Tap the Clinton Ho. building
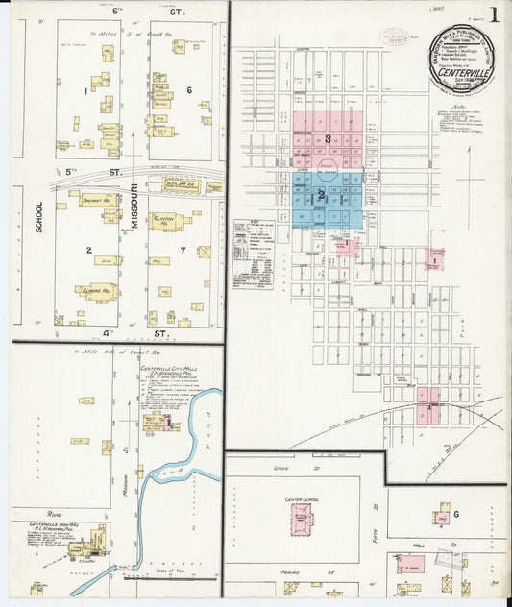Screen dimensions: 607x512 click(169, 221)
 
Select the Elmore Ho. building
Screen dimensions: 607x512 click(100, 288)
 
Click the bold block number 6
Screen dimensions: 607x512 click(190, 90)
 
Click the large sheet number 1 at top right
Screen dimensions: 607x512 click(494, 16)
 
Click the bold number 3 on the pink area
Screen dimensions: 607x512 click(328, 140)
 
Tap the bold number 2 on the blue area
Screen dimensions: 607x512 click(322, 195)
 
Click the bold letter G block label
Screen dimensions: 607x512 click(456, 515)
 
